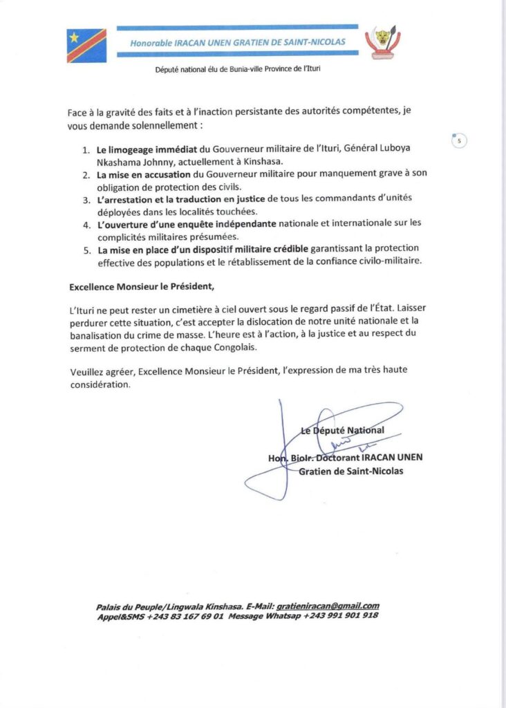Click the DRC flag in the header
(x=86, y=46)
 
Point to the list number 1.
(x=86, y=148)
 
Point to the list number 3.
(x=86, y=198)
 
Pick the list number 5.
(x=86, y=249)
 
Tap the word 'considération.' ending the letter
(x=100, y=385)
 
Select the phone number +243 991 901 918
(x=341, y=615)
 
